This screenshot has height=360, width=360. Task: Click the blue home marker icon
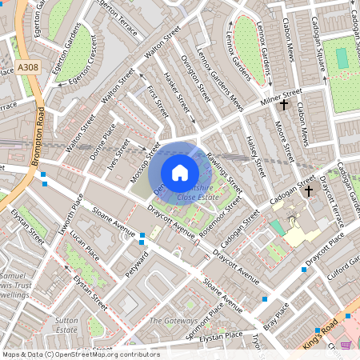(180, 172)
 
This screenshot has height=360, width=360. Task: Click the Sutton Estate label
(66, 324)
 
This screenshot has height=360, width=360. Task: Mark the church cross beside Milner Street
(283, 104)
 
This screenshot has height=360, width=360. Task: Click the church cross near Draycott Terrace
(310, 190)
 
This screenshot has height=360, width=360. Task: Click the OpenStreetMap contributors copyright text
(80, 354)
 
